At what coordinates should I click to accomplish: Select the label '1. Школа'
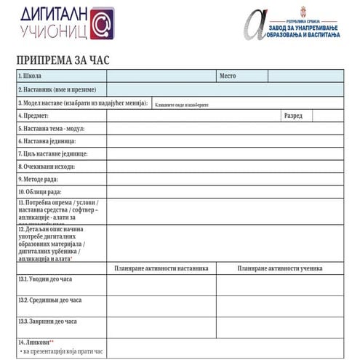click(30, 76)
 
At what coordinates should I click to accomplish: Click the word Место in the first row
click(228, 76)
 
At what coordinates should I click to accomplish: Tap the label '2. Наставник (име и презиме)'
click(57, 89)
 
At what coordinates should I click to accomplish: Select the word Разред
click(293, 116)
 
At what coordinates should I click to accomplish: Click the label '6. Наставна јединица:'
click(47, 141)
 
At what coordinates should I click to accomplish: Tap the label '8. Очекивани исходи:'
click(44, 166)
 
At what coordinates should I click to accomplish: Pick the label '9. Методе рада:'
click(38, 179)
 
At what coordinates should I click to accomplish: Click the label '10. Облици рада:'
click(39, 191)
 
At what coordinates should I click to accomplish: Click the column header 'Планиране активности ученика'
click(279, 268)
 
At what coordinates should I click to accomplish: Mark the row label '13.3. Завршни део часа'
click(47, 321)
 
